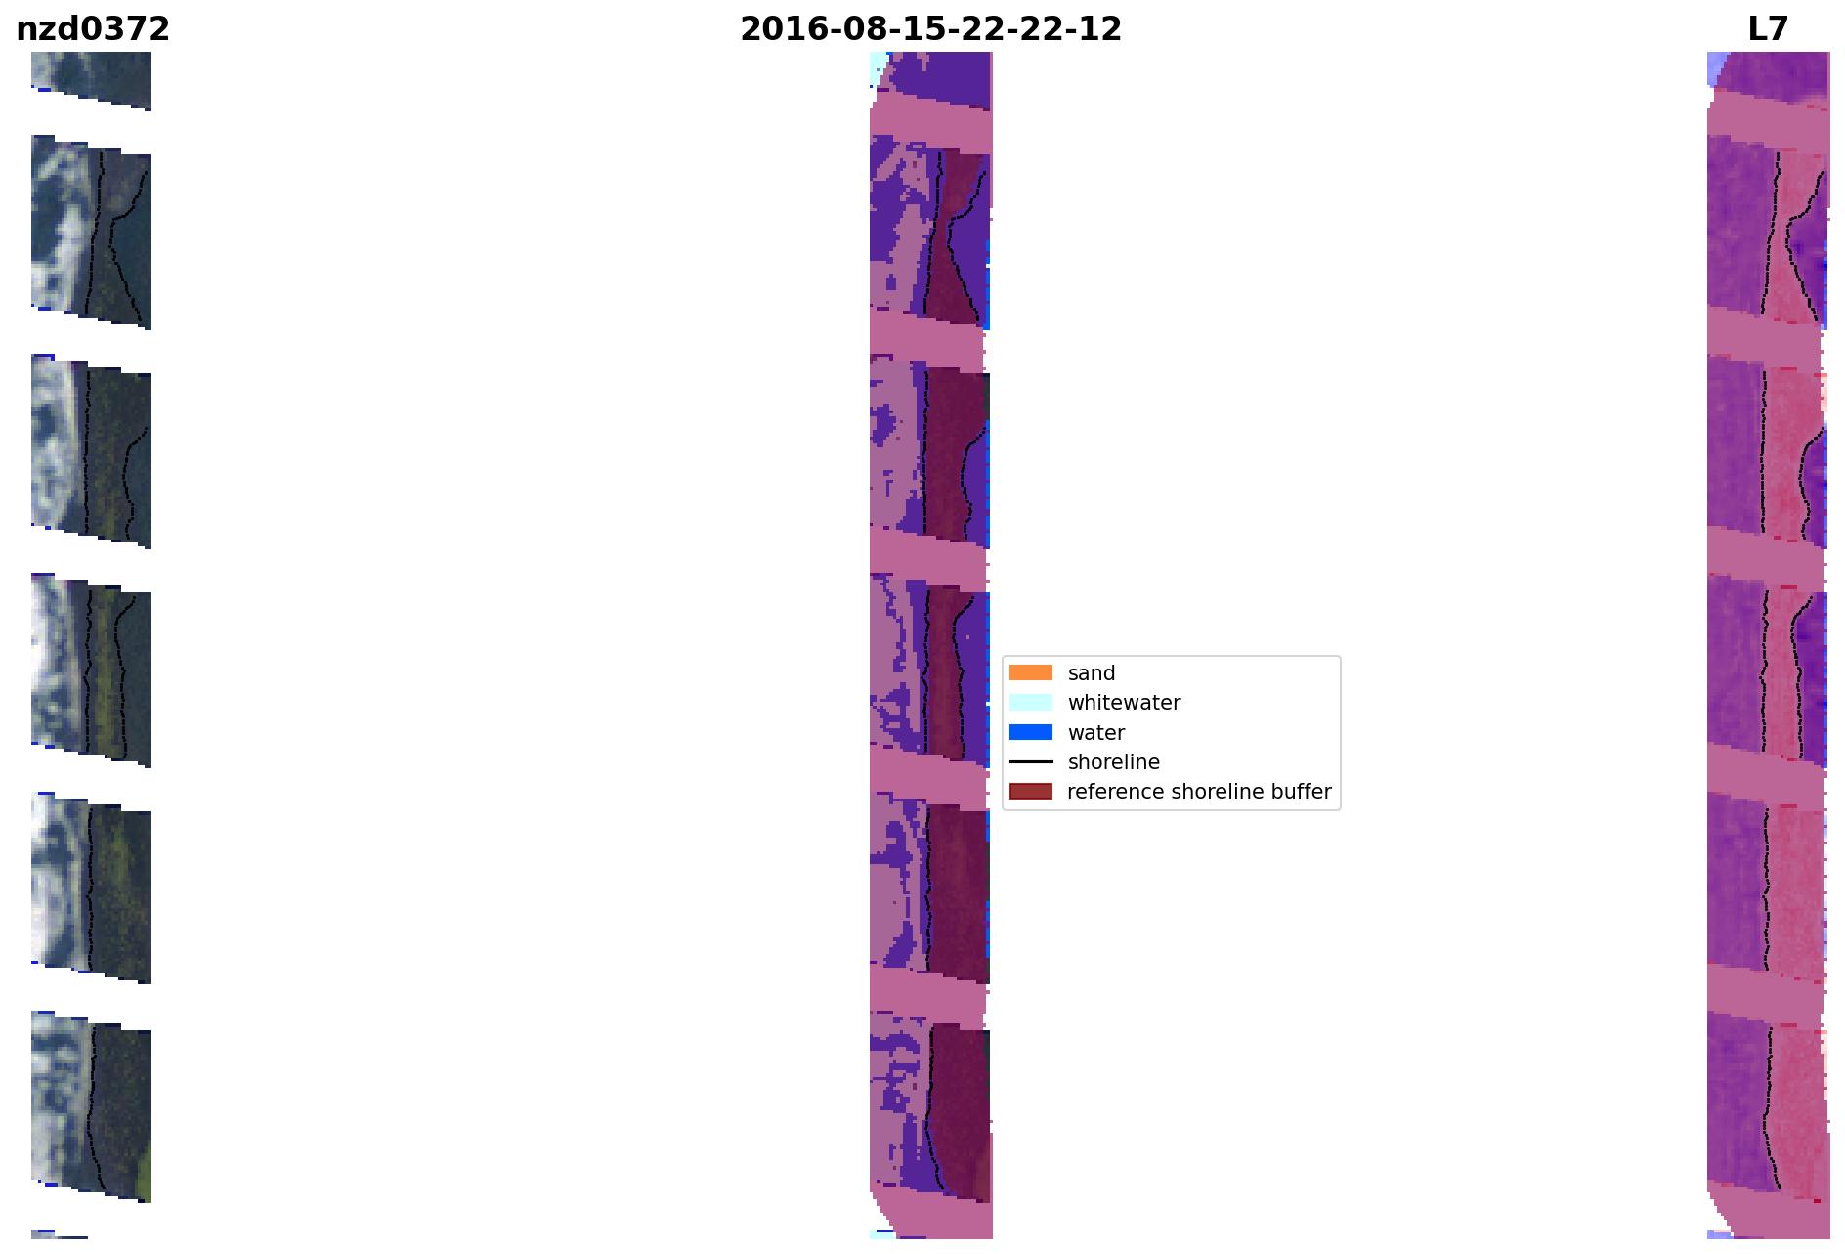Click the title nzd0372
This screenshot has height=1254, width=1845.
coord(93,29)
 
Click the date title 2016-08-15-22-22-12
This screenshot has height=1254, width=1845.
coord(930,29)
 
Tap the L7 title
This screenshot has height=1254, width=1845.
coord(1768,29)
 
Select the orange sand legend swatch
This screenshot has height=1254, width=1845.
coord(1031,672)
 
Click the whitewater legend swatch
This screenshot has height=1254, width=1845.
coord(1031,702)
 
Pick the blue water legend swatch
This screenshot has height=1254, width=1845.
coord(1031,732)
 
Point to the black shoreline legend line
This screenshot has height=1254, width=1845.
coord(1031,761)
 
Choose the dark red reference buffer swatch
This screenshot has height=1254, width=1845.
coord(1031,791)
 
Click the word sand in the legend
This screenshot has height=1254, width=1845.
coord(1092,673)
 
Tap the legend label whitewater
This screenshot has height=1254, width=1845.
coord(1124,703)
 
